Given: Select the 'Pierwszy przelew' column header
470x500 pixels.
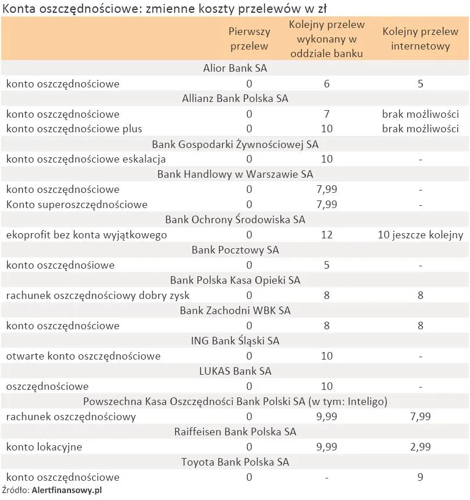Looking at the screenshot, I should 249,38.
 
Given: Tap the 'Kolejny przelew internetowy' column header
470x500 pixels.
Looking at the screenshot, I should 420,38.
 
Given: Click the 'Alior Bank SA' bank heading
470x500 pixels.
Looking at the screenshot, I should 235,68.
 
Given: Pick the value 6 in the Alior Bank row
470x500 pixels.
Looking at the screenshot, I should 326,83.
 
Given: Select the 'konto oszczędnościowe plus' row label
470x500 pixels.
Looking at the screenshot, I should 74,129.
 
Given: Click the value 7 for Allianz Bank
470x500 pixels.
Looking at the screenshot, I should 326,114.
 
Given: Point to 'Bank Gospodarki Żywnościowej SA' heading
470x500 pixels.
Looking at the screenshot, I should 235,144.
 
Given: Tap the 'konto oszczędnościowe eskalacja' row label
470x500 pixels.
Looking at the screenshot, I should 86,159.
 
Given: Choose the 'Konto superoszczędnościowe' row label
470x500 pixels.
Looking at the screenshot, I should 77,205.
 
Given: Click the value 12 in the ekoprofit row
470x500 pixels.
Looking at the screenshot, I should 326,235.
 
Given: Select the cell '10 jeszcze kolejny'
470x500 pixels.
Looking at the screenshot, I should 420,235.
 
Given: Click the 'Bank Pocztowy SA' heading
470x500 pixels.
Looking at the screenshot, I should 235,250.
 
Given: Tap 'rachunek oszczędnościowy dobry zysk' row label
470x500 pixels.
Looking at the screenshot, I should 98,295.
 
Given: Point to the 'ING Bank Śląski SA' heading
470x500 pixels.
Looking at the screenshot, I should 235,341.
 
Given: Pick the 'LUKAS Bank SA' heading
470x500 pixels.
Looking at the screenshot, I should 235,371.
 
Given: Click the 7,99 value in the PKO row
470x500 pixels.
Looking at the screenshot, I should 420,417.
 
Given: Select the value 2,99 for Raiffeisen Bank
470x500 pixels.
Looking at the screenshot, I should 420,447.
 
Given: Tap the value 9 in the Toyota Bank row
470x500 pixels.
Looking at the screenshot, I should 420,477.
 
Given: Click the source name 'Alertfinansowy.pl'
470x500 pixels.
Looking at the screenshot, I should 66,491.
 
